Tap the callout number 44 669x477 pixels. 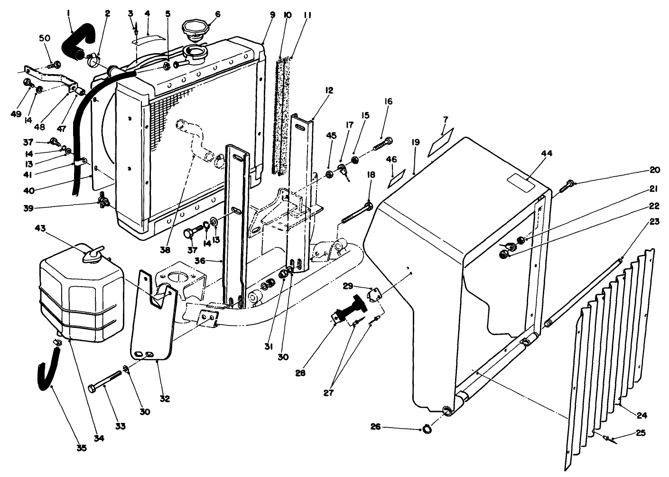(547, 153)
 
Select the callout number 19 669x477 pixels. (416, 141)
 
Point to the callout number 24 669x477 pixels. (641, 415)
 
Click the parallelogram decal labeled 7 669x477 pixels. (441, 141)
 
